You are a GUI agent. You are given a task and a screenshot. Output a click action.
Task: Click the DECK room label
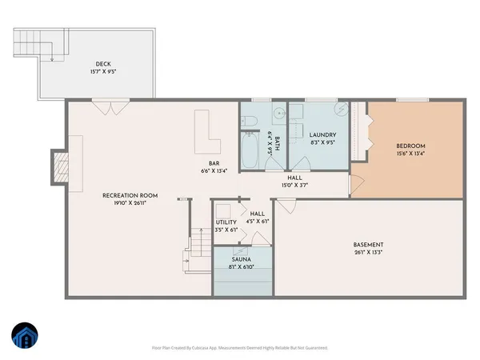pos(102,65)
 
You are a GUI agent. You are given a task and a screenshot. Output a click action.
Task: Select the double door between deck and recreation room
pos(109,106)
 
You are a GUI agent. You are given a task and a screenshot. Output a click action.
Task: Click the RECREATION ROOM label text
pos(130,195)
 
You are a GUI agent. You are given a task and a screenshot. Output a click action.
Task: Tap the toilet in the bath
pos(248,122)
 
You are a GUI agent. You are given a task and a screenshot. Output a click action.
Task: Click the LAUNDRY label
pos(322,135)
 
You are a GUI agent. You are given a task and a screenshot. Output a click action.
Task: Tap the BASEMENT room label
pos(369,245)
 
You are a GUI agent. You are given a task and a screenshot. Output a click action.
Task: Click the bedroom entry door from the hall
pos(357,184)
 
